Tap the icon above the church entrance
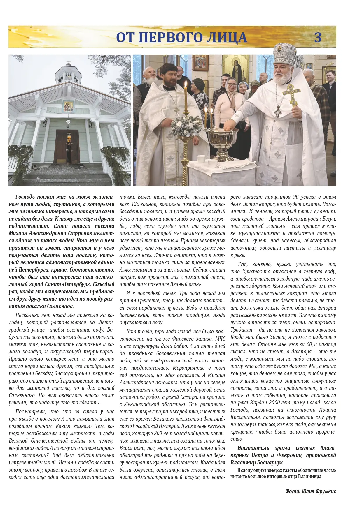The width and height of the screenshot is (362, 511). tap(68, 107)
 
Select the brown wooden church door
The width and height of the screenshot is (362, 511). tap(67, 147)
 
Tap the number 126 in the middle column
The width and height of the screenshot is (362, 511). tap(136, 204)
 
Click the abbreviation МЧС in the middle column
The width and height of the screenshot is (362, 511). tap(220, 339)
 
